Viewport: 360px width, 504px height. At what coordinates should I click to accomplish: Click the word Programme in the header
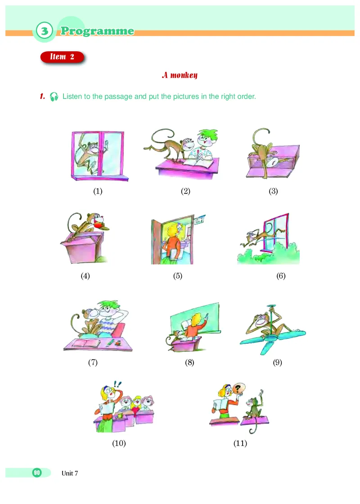97,31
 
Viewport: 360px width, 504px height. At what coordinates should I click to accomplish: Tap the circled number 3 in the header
44,31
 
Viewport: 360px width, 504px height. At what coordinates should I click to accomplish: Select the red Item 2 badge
62,57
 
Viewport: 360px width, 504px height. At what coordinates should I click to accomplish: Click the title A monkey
180,75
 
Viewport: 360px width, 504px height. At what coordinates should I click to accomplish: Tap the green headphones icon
54,96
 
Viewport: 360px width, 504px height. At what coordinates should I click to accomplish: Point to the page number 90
37,472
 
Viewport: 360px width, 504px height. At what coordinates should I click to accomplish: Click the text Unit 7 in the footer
70,473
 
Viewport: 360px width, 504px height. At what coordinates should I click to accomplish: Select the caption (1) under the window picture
98,191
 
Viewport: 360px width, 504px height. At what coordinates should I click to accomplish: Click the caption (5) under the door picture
178,276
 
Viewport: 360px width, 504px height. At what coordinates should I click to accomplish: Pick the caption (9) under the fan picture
277,363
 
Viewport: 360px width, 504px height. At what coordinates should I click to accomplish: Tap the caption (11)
240,443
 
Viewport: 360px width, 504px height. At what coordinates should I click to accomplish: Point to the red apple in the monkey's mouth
99,225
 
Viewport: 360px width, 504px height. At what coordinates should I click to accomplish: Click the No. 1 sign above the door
199,220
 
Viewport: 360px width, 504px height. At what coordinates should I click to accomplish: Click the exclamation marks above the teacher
117,384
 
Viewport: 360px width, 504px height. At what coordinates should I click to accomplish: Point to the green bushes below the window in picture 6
268,256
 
